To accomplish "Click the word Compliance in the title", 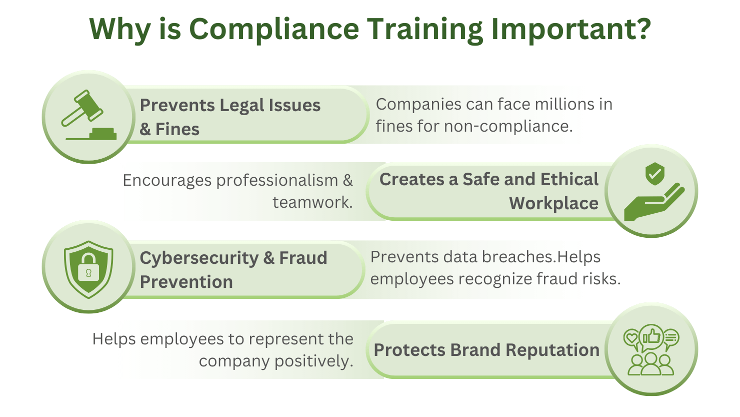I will click(274, 29).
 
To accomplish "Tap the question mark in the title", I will click(642, 29).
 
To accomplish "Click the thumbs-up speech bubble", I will click(652, 337).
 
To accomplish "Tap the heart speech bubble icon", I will click(632, 338).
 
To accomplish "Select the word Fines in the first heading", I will click(177, 129).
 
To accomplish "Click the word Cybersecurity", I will click(199, 258).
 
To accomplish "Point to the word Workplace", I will click(553, 203).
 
